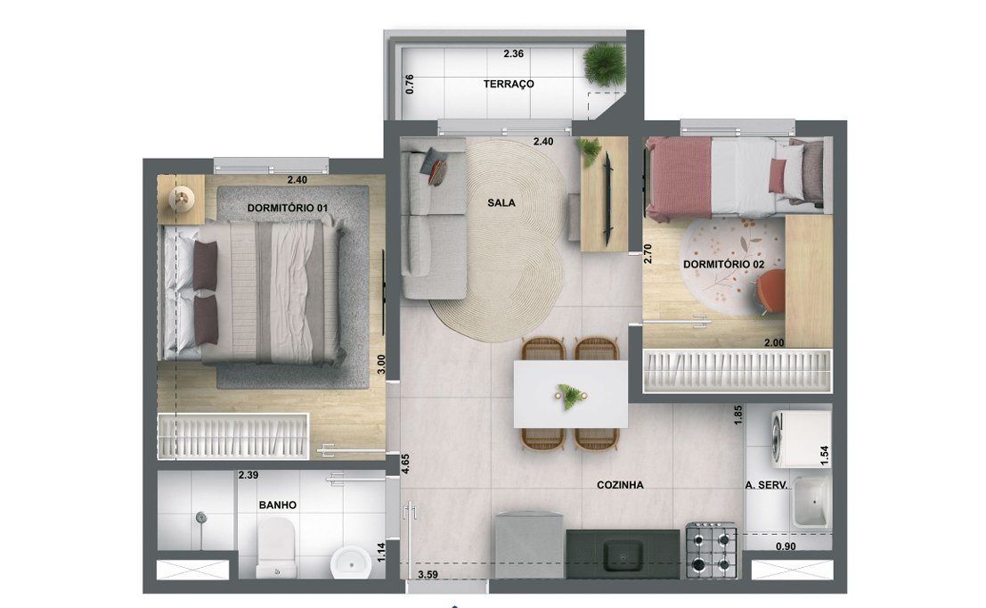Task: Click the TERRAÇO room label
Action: click(509, 84)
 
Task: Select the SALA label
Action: click(501, 202)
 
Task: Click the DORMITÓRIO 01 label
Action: click(288, 208)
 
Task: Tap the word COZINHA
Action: click(620, 486)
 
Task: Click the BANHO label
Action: click(278, 505)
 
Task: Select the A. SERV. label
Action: click(764, 486)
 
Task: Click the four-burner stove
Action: click(712, 549)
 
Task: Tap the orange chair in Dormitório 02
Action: click(771, 291)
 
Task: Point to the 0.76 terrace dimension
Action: click(410, 84)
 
